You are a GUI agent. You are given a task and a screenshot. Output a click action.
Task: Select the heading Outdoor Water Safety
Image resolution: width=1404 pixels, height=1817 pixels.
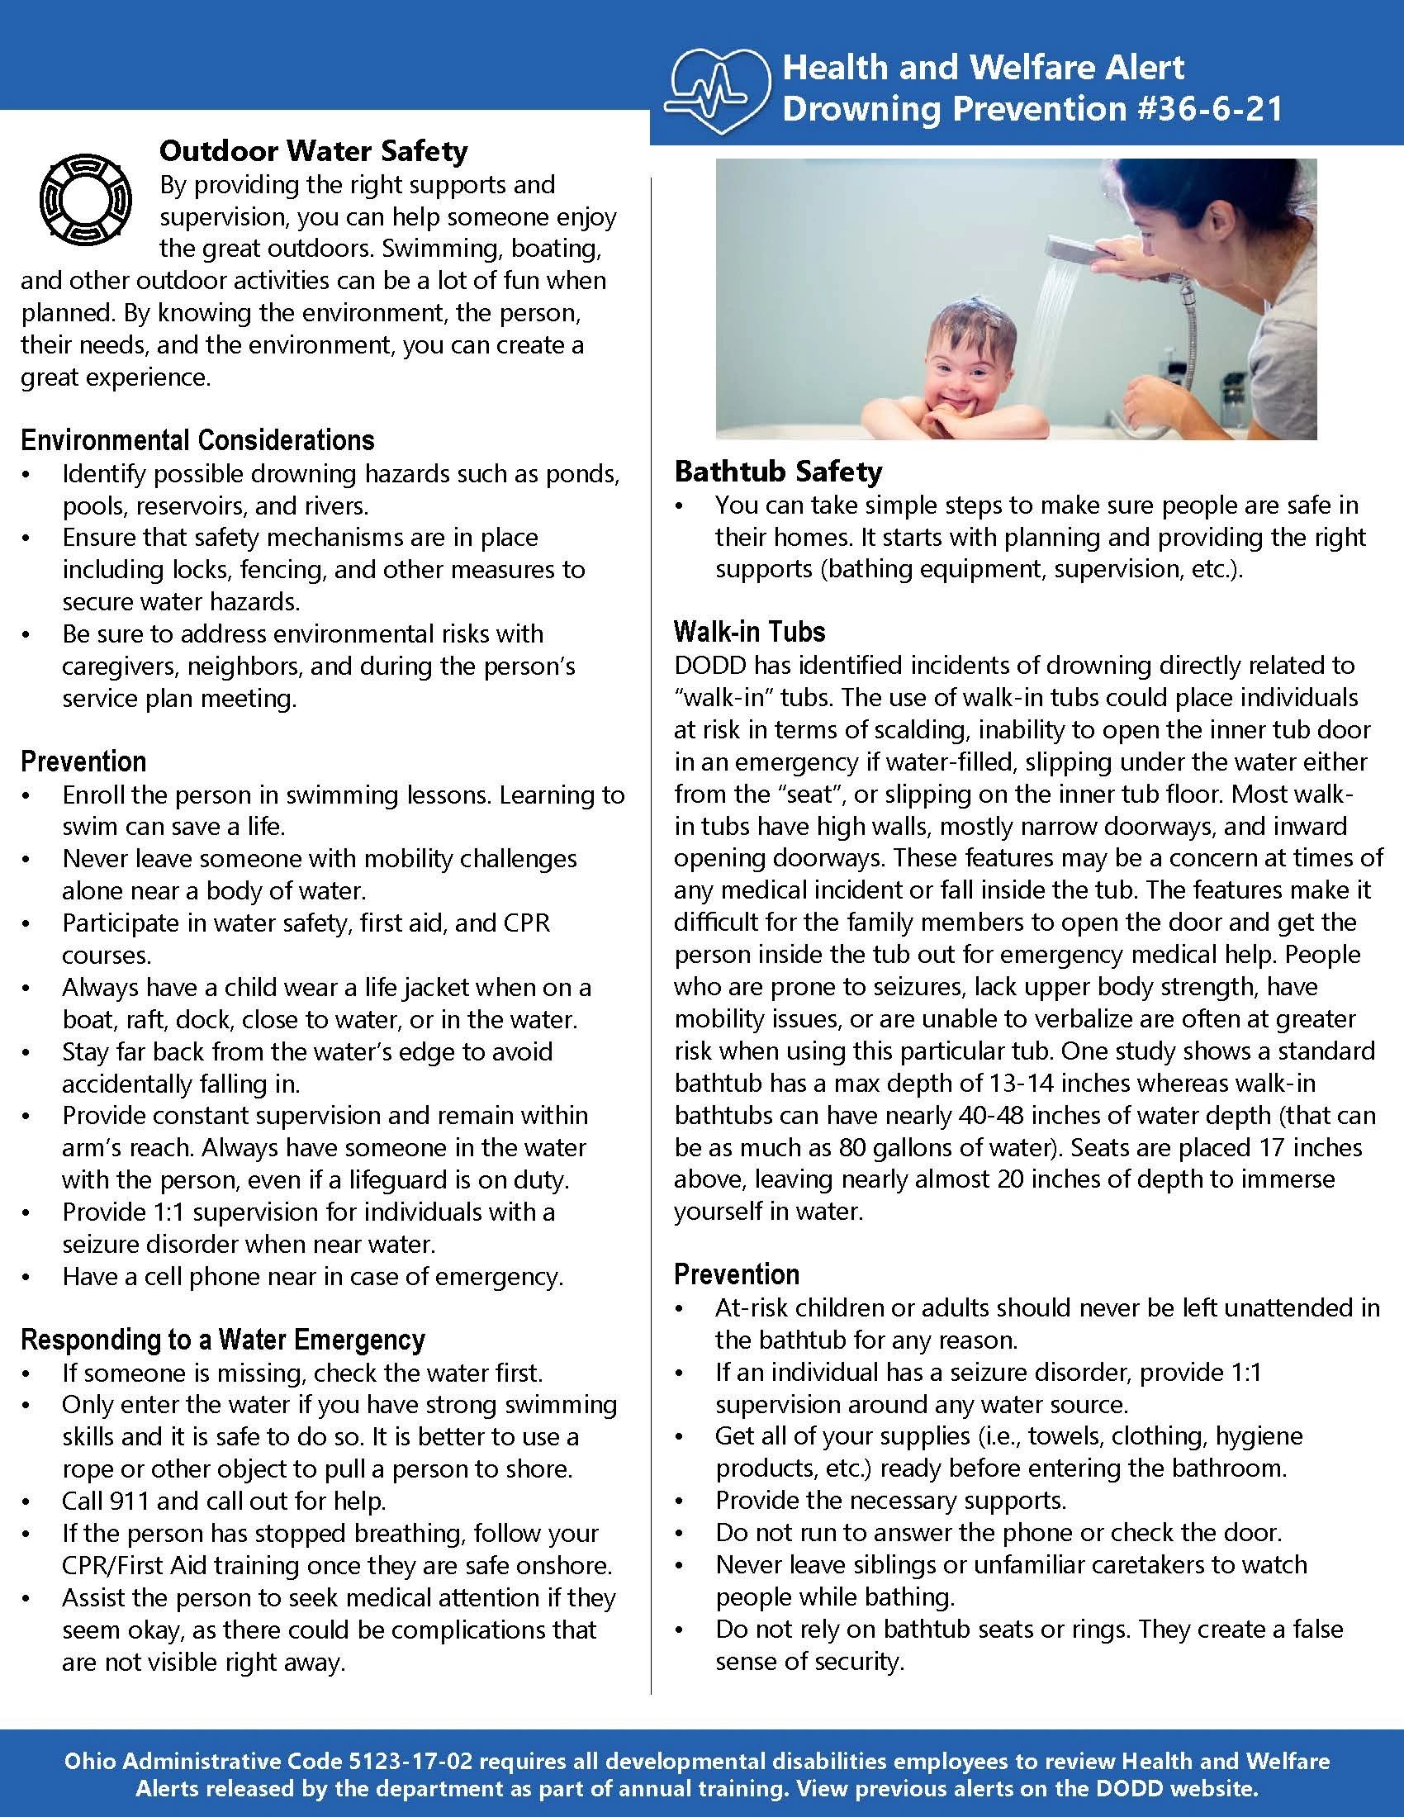314,150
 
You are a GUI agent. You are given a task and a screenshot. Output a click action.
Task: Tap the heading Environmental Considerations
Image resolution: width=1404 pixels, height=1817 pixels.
197,439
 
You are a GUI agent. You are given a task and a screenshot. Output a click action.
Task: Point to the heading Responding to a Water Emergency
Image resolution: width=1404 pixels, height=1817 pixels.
223,1340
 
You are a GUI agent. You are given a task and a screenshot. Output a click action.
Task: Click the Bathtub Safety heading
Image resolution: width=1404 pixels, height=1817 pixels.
778,471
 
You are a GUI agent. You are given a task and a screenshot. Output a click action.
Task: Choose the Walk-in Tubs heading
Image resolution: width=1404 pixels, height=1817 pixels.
748,632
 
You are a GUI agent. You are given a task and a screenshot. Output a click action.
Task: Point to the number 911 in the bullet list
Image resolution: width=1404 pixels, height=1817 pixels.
128,1501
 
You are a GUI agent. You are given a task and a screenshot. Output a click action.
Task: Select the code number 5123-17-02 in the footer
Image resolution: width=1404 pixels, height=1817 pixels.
407,1762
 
